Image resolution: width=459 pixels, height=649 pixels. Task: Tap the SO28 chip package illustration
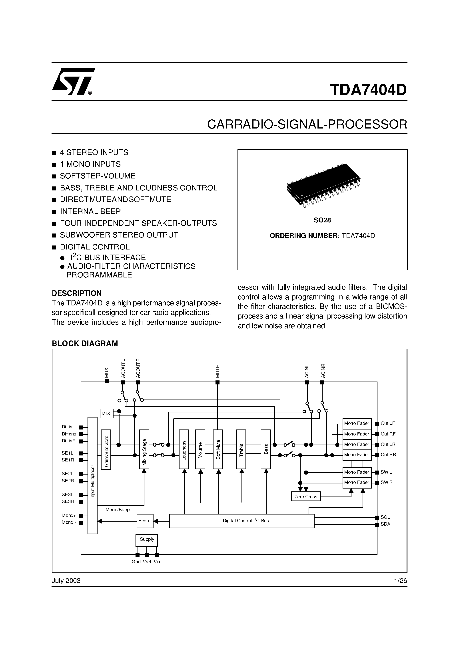click(323, 186)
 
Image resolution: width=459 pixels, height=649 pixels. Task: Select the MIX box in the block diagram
click(106, 413)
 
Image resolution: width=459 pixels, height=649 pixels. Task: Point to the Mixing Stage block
click(144, 449)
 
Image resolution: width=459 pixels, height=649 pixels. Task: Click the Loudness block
click(184, 449)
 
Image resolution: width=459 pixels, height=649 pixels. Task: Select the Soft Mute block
click(218, 449)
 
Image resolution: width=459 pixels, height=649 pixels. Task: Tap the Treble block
click(241, 449)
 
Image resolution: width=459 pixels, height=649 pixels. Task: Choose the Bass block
click(266, 449)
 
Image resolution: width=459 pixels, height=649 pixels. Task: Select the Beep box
click(144, 521)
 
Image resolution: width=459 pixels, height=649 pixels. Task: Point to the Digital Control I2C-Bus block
click(242, 521)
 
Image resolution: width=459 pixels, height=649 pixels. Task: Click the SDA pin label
click(385, 524)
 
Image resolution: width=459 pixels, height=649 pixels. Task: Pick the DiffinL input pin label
click(68, 427)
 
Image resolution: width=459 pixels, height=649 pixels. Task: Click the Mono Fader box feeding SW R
click(357, 482)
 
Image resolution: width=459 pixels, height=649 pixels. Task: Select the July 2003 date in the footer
click(66, 581)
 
